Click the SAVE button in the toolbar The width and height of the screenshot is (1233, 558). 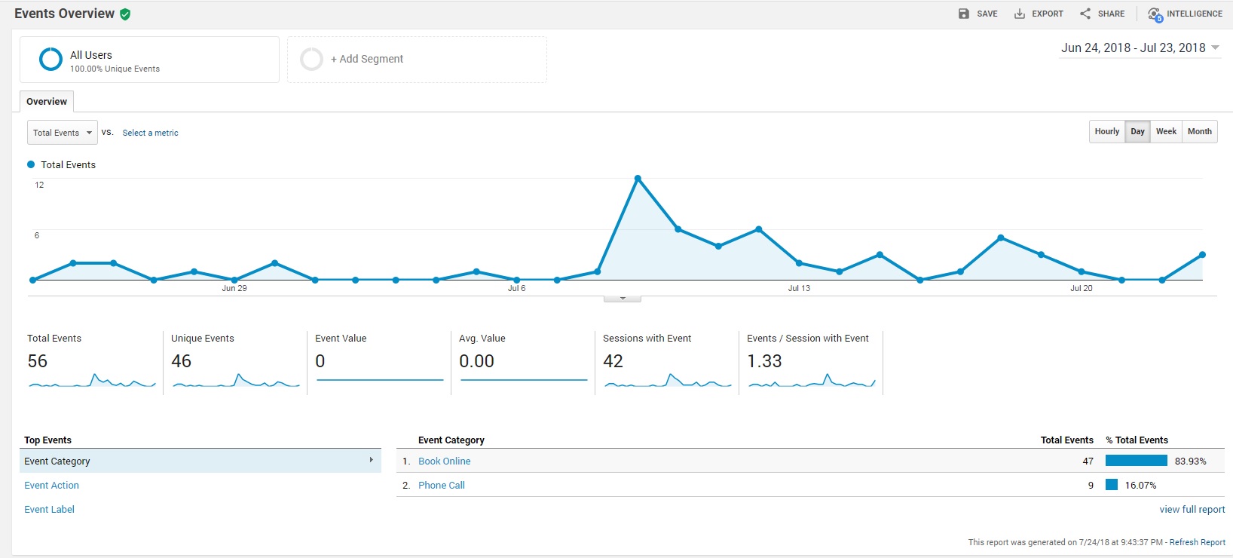coord(978,14)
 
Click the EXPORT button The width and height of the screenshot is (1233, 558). coord(1039,14)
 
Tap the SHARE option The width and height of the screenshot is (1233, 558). coord(1102,14)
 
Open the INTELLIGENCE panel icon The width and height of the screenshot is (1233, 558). coord(1155,14)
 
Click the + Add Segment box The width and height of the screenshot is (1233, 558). coord(417,59)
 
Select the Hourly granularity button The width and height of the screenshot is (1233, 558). coord(1106,131)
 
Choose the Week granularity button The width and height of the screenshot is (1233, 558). coord(1166,131)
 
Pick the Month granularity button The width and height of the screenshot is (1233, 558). coord(1199,131)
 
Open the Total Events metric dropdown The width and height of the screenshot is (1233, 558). coord(63,133)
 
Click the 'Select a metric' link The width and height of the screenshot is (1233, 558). coord(150,133)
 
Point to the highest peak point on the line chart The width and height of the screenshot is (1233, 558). coord(638,179)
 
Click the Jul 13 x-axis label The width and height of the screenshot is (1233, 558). coord(799,288)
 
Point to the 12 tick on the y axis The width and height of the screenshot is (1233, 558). coord(39,185)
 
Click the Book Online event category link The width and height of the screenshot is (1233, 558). coord(444,461)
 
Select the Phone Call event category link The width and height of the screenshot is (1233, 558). coord(441,485)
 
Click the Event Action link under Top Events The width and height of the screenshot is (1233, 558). coord(51,485)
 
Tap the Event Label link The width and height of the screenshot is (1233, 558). coord(49,509)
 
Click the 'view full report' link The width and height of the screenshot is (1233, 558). coord(1192,509)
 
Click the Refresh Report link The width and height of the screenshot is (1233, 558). coord(1197,542)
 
